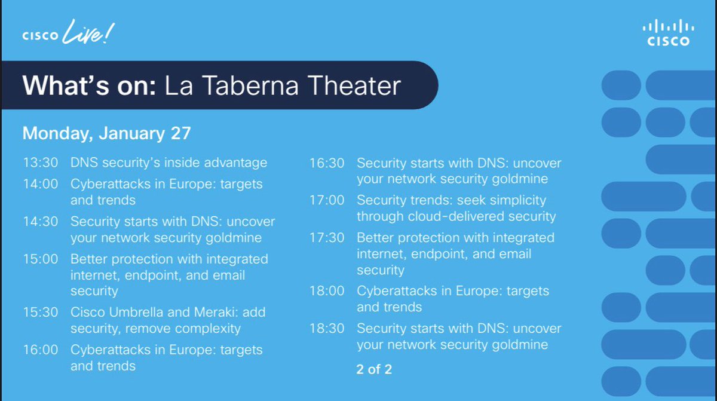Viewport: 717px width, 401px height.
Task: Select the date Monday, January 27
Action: [x=106, y=133]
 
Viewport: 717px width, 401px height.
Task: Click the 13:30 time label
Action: [x=41, y=163]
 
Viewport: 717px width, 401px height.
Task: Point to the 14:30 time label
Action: [x=41, y=221]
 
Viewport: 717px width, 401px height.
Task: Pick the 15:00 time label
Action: [x=41, y=259]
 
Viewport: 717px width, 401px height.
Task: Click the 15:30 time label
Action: [x=41, y=312]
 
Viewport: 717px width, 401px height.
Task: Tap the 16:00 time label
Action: [x=41, y=350]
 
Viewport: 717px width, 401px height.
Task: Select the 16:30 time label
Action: [x=327, y=163]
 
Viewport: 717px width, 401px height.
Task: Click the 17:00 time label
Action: [x=327, y=200]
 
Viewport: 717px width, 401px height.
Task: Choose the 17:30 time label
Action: [x=327, y=238]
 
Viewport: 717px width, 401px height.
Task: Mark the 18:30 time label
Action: [x=327, y=328]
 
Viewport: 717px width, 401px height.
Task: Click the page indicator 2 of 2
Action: [x=374, y=369]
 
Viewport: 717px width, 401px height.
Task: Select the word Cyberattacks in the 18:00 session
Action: [x=393, y=291]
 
